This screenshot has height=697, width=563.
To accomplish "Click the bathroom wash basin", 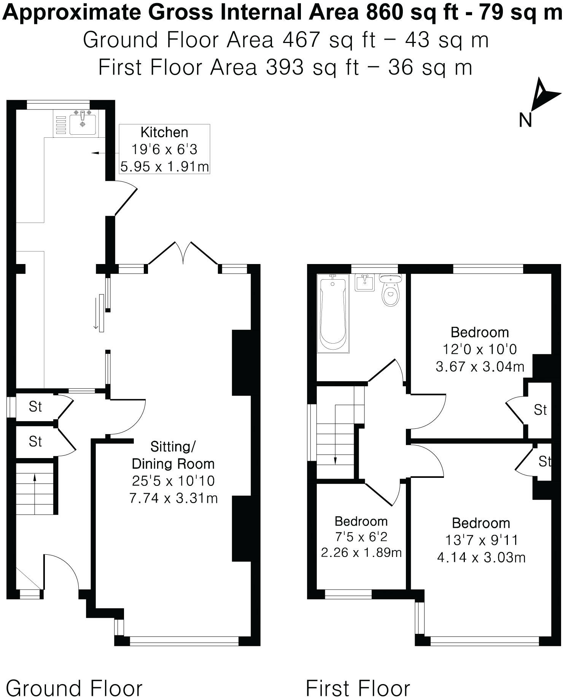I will click(x=364, y=283).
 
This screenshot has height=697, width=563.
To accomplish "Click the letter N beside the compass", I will click(x=525, y=120).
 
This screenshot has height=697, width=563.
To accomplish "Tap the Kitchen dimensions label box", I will click(x=164, y=149).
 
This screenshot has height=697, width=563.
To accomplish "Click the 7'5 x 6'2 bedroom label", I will click(x=361, y=537).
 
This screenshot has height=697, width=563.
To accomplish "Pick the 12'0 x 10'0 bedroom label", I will click(x=479, y=349).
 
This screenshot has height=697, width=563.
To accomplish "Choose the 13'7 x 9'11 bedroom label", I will click(x=481, y=540).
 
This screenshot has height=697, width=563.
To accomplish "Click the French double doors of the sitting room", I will click(x=183, y=253).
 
